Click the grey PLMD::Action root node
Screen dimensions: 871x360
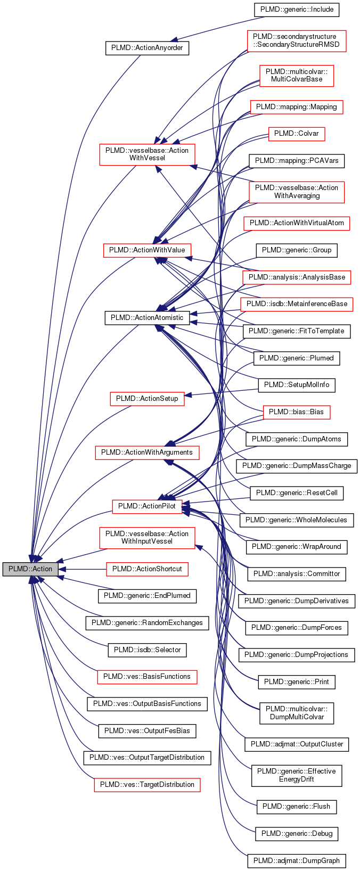coord(30,569)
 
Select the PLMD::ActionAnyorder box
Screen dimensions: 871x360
coord(147,48)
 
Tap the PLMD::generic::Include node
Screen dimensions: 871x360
coord(296,10)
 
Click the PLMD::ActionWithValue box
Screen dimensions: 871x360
coord(147,250)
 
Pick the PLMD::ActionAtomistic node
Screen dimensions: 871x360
coord(147,318)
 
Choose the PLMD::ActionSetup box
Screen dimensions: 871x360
coord(147,398)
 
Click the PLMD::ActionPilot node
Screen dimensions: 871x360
coord(147,506)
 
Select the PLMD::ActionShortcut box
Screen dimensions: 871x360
coord(147,569)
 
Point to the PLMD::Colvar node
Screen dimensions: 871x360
coord(296,133)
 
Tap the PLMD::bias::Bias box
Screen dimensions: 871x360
coord(296,412)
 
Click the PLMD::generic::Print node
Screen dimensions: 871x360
coord(296,681)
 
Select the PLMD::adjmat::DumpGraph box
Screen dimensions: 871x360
coord(296,860)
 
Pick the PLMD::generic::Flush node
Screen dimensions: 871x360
coord(296,806)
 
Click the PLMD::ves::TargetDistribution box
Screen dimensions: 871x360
coord(147,784)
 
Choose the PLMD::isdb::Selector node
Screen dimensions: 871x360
coord(147,650)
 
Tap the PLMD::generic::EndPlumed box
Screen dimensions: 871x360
coord(147,595)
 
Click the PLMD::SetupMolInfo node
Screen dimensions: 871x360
coord(296,384)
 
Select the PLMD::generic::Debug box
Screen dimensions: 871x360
coord(296,833)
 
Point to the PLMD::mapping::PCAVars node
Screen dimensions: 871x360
coord(296,160)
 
